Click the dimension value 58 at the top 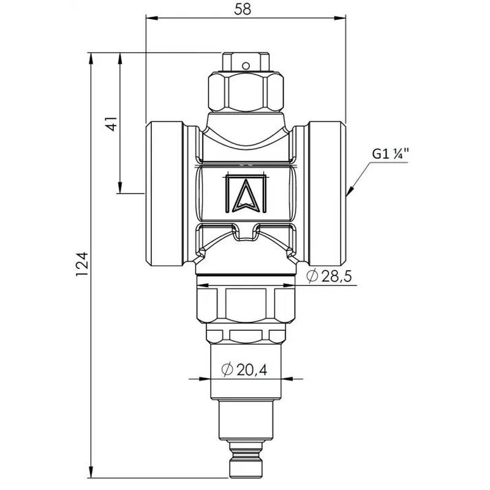click(243, 9)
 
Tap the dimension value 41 click(111, 124)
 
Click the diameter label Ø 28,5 click(330, 276)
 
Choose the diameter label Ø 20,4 click(244, 370)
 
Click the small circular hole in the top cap click(246, 66)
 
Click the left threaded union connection click(165, 194)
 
